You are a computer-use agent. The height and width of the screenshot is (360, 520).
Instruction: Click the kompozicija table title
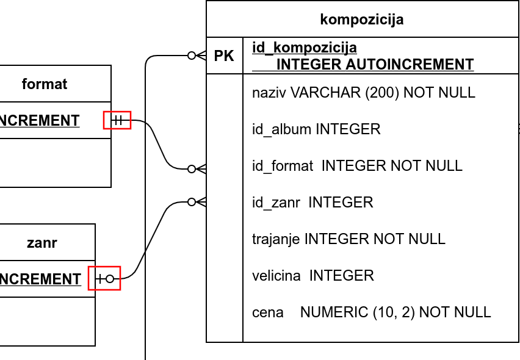tap(361, 20)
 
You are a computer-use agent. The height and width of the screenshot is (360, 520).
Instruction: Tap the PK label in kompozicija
tap(224, 56)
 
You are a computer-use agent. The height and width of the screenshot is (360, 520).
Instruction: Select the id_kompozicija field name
tap(305, 48)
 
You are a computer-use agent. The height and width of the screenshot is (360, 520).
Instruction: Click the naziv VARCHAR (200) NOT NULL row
tap(363, 93)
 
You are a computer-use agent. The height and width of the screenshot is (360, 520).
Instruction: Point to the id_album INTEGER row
tap(316, 129)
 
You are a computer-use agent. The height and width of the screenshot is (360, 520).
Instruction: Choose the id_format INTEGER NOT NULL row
tap(357, 166)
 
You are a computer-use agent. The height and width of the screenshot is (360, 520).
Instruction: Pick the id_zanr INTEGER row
tap(312, 203)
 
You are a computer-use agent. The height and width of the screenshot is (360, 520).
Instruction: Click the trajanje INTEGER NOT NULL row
tap(348, 239)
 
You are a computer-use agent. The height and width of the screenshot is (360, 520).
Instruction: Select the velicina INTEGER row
tap(312, 276)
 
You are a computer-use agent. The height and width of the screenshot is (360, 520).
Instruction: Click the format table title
tap(45, 84)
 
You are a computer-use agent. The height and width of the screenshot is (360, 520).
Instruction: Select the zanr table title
tap(42, 243)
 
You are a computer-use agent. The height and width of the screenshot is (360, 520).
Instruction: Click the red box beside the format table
tap(117, 121)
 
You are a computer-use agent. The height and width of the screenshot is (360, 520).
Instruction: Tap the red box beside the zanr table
tap(104, 279)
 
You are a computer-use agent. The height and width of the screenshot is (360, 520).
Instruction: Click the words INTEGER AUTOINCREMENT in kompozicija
tap(375, 65)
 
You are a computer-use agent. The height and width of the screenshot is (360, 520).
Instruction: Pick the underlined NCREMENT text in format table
tap(40, 121)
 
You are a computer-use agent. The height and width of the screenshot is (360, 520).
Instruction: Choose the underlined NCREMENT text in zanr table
tap(40, 279)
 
